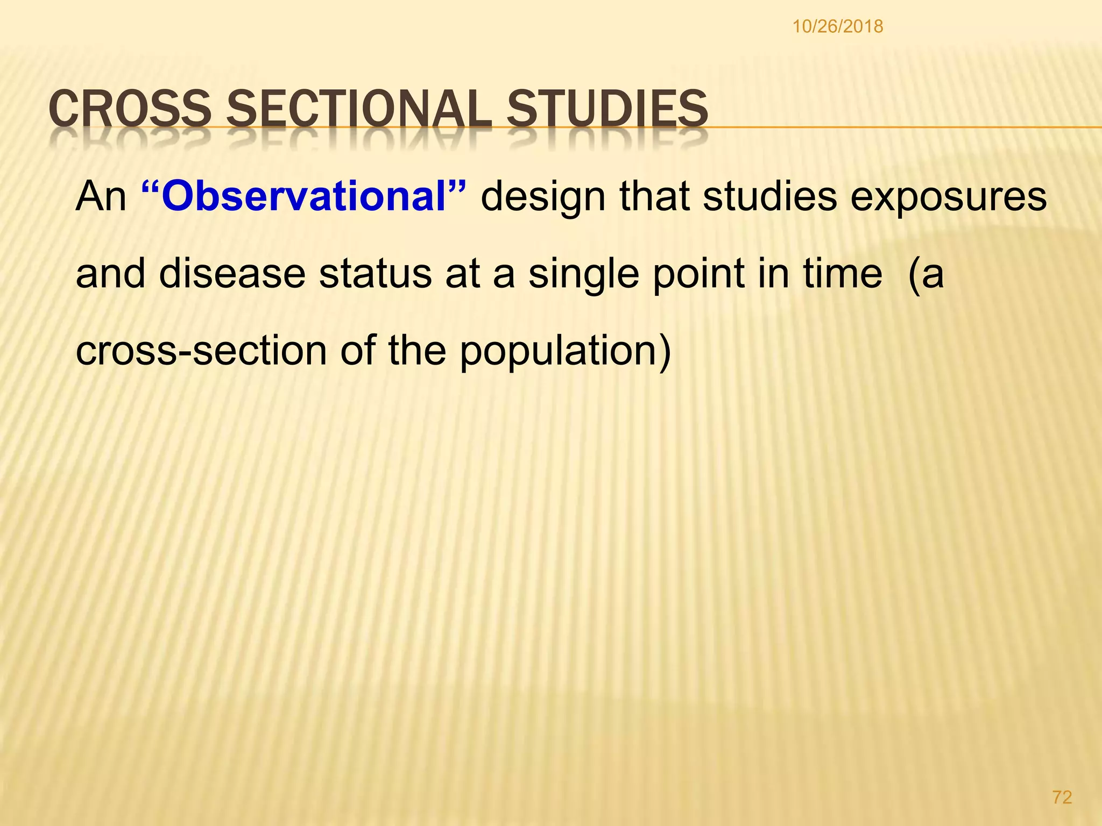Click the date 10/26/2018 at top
(x=837, y=26)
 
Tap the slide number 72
(x=1062, y=797)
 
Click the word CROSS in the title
(x=130, y=109)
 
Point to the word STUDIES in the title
(x=607, y=109)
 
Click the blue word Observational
(x=305, y=197)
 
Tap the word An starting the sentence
(x=101, y=197)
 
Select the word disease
(x=232, y=274)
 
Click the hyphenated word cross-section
(x=201, y=351)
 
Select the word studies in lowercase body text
(x=769, y=197)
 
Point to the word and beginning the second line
(x=110, y=274)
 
